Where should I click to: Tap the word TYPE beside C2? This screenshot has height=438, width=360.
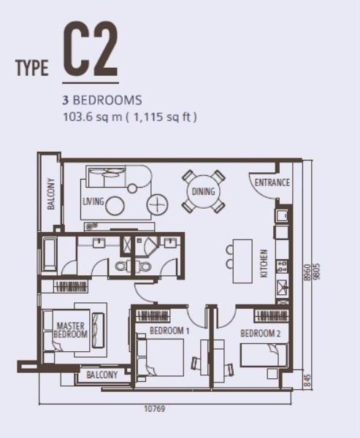(32, 68)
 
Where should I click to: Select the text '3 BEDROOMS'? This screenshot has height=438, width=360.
(102, 100)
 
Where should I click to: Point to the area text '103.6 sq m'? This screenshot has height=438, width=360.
(93, 117)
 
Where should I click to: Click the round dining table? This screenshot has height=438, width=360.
(204, 191)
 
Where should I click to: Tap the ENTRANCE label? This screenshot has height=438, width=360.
(272, 182)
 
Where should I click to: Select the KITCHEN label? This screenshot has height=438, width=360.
(264, 264)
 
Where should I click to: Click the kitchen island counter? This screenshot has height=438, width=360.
(242, 261)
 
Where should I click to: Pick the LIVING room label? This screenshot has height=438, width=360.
(93, 201)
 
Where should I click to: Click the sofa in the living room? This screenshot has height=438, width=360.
(106, 176)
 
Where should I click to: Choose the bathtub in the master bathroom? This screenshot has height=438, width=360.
(50, 255)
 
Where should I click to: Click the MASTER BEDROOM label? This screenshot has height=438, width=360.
(71, 330)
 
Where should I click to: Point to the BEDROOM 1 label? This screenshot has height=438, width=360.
(169, 331)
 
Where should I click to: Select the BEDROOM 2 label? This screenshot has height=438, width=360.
(261, 334)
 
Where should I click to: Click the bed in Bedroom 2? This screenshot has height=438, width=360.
(264, 355)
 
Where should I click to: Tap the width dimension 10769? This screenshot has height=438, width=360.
(155, 409)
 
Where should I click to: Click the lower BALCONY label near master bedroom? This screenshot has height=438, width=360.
(102, 374)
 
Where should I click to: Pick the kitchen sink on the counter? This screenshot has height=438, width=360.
(282, 288)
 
